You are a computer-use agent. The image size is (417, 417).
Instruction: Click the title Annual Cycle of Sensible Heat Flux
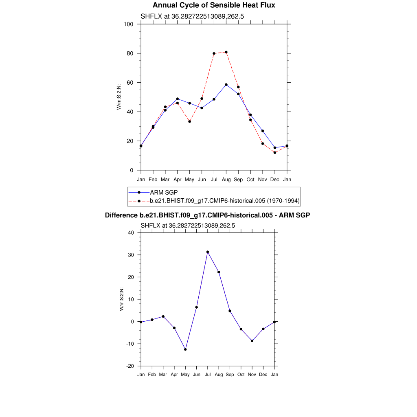click(214, 5)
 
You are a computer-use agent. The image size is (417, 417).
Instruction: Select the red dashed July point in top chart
click(214, 53)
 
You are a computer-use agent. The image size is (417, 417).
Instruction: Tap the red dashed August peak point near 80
click(226, 52)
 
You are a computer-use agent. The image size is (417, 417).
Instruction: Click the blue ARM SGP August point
click(226, 85)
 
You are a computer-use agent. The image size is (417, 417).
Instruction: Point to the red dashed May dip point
click(189, 121)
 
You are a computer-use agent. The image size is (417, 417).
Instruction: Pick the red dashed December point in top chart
click(275, 153)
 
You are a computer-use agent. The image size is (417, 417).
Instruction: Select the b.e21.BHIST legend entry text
click(224, 201)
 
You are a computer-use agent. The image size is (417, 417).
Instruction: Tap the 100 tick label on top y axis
click(129, 24)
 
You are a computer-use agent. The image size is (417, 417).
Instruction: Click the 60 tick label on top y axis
click(131, 83)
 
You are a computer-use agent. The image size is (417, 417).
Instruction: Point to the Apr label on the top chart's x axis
click(178, 180)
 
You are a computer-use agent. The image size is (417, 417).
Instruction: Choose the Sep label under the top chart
click(238, 180)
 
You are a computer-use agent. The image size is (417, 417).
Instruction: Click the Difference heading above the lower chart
click(208, 215)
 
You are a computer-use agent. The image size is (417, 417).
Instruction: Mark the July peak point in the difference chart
click(208, 252)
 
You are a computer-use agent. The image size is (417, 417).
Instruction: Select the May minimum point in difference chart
click(185, 349)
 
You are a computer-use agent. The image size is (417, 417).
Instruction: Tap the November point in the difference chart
click(252, 341)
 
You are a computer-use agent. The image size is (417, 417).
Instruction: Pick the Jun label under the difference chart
click(196, 375)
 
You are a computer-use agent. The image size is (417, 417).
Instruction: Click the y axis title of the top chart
click(119, 97)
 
